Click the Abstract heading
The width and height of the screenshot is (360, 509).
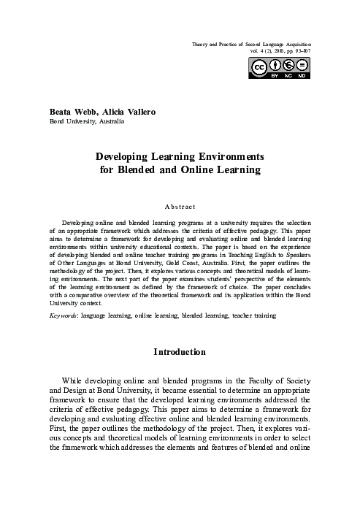click(x=180, y=207)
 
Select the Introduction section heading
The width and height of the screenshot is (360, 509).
click(x=180, y=352)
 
